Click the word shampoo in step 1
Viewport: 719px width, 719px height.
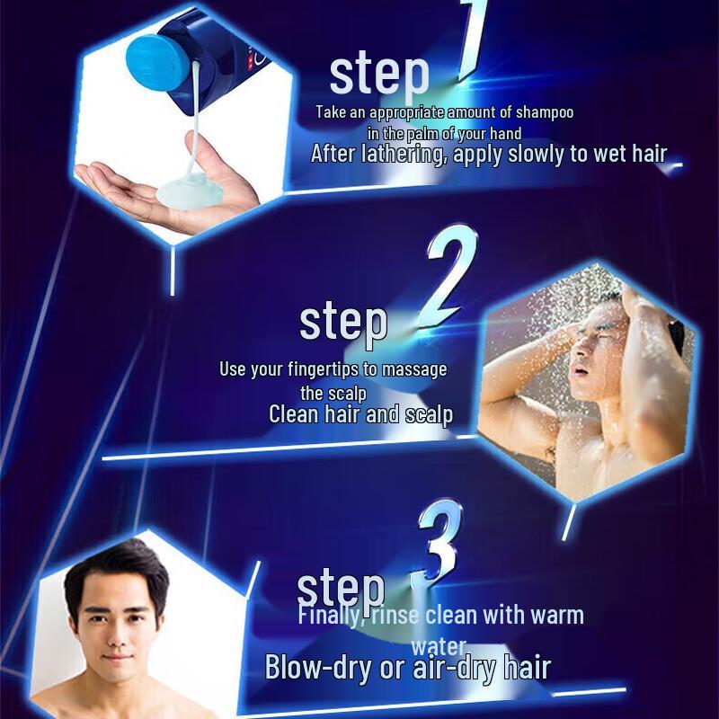pyautogui.click(x=542, y=113)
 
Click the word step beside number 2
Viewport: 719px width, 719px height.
pyautogui.click(x=342, y=322)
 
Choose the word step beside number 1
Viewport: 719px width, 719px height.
pyautogui.click(x=378, y=74)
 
